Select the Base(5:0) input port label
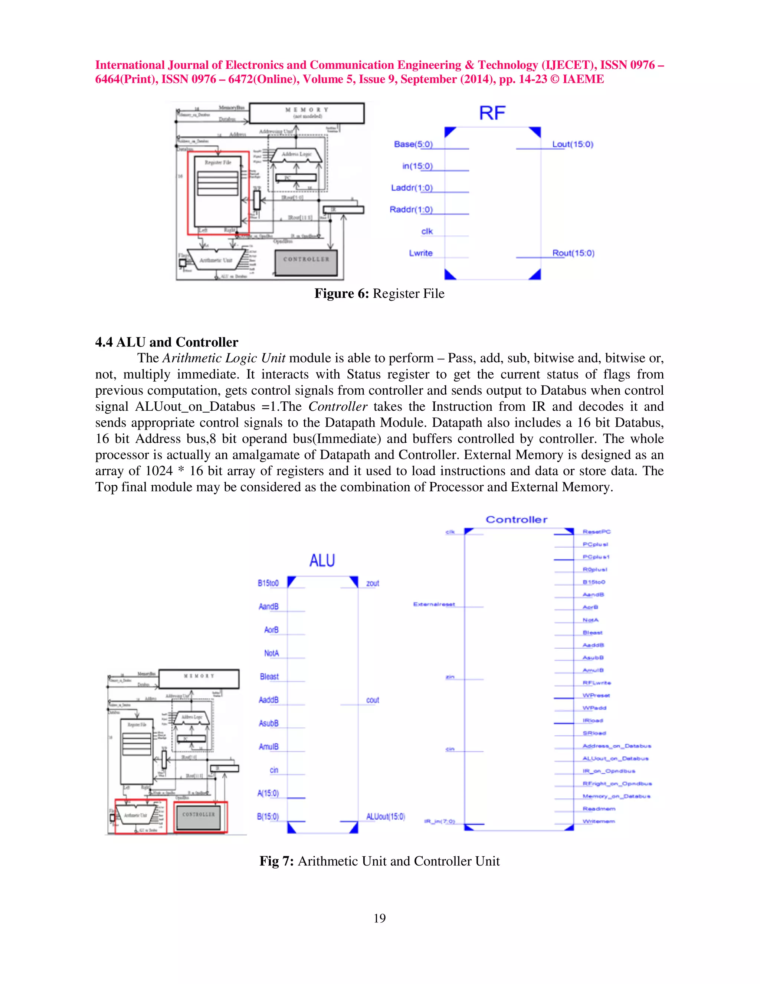(x=413, y=144)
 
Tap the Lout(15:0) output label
(x=573, y=144)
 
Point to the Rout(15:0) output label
(x=573, y=253)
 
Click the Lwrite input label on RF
(x=420, y=253)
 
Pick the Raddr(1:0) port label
(x=411, y=209)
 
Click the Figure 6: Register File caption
(x=379, y=294)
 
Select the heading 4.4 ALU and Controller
(x=167, y=342)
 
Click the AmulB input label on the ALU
(x=268, y=747)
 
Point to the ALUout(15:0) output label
(x=386, y=817)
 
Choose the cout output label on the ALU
(x=372, y=700)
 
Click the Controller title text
(x=517, y=519)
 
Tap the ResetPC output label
(x=596, y=532)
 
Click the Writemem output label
(x=598, y=821)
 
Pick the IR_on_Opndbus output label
(x=609, y=771)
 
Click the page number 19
(x=380, y=918)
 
